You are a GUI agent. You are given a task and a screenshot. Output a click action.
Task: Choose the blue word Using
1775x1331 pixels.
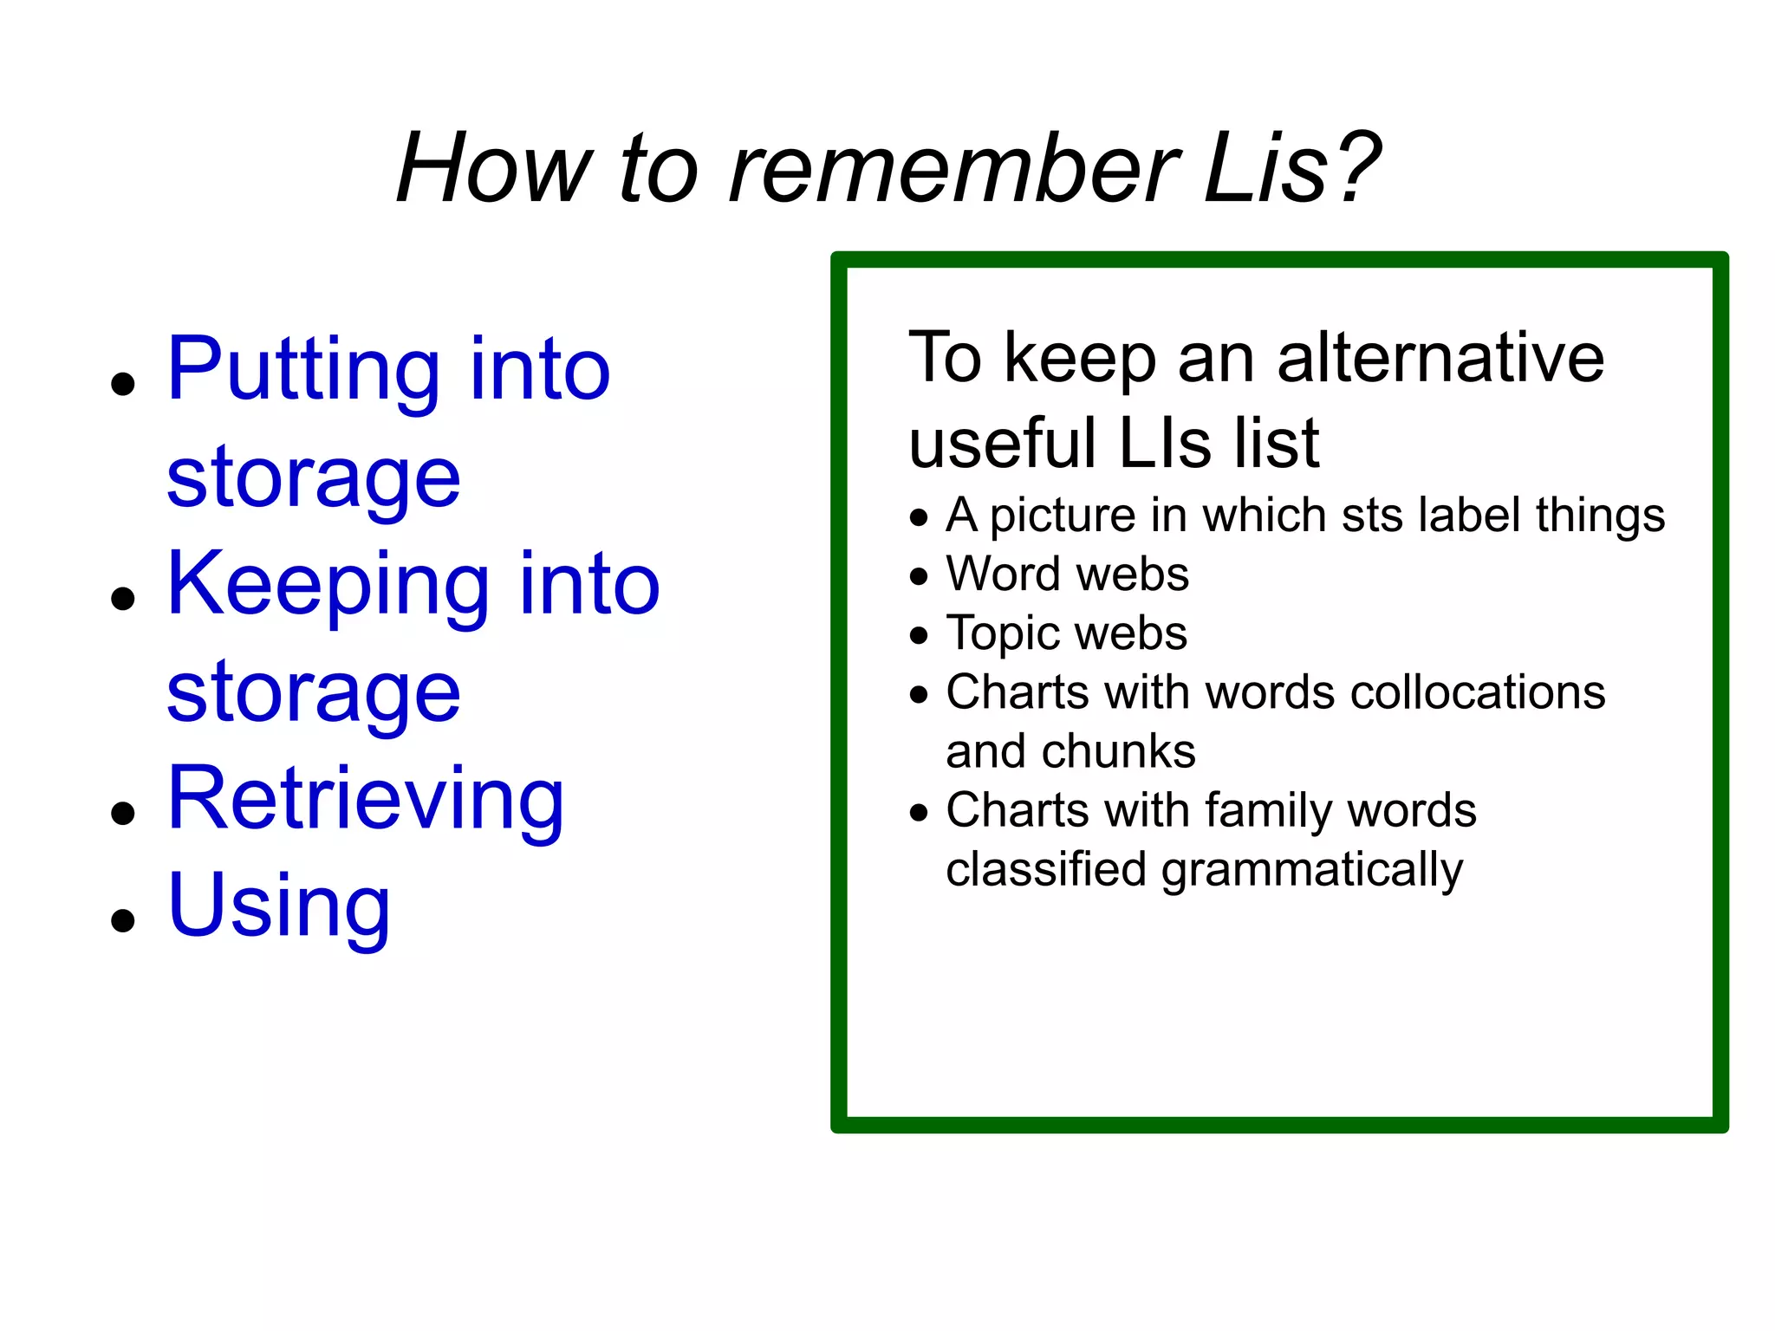click(x=278, y=907)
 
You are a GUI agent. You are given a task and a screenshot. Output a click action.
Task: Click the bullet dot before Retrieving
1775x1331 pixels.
click(x=124, y=813)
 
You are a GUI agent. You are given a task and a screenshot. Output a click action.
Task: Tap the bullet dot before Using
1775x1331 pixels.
click(x=124, y=920)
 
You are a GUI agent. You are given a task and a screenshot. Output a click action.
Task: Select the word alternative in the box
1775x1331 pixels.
click(x=1440, y=357)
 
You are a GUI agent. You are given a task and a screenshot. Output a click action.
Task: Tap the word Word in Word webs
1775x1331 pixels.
click(x=1004, y=575)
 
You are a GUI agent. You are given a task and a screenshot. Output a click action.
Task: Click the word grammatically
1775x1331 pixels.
click(x=1312, y=871)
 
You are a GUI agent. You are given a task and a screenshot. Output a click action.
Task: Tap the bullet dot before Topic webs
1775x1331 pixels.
click(x=919, y=636)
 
